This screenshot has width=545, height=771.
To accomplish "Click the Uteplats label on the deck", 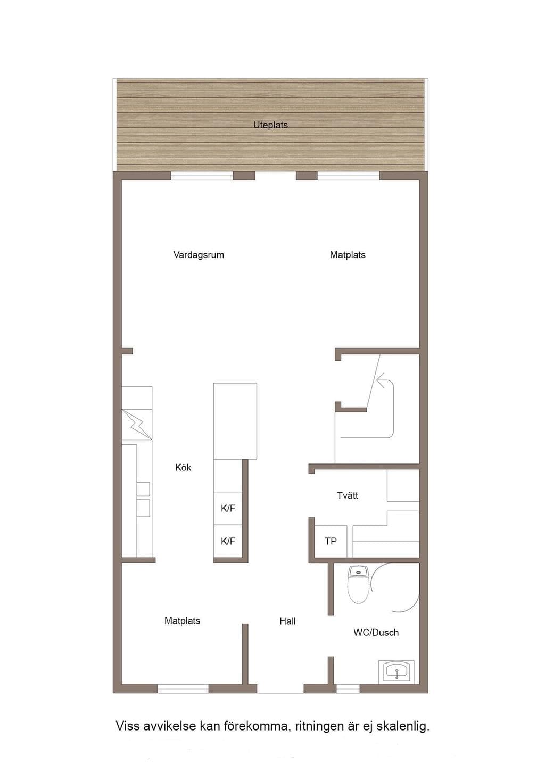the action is (x=270, y=125).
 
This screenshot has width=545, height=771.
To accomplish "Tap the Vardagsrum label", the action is (x=199, y=255).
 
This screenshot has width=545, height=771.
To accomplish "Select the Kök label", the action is (x=183, y=467).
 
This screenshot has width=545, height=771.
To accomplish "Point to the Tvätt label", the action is (x=347, y=495).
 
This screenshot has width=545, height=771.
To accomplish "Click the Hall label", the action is (x=287, y=621).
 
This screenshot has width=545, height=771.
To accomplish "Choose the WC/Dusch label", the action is (x=376, y=632).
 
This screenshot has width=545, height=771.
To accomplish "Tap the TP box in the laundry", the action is (x=331, y=541).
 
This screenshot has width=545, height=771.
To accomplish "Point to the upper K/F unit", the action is (x=228, y=508).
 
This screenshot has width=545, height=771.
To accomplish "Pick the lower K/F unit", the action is (x=228, y=541).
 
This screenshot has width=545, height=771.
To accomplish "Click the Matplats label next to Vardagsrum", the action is (x=348, y=255).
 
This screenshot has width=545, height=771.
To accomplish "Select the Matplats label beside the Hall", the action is (x=182, y=621).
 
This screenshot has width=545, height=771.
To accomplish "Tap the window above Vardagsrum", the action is (x=202, y=176).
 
